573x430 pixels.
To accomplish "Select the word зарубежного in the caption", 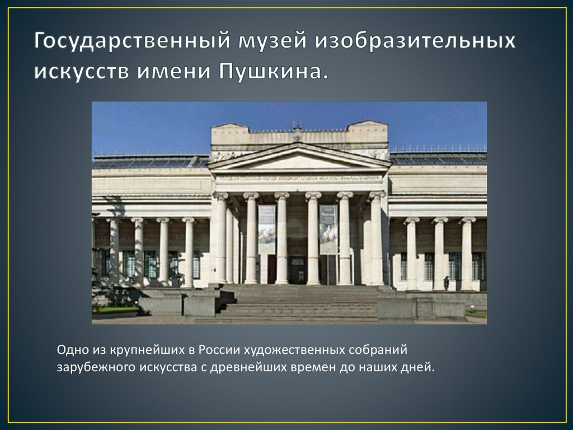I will [91, 367].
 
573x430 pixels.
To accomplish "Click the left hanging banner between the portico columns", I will [266, 229].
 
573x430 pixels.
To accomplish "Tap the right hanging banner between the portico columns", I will [328, 229].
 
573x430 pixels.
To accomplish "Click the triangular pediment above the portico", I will [299, 159].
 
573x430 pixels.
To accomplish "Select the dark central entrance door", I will [297, 270].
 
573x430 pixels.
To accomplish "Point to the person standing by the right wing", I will [446, 283].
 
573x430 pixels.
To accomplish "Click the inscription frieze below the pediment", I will [299, 179].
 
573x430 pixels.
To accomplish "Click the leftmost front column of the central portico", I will [220, 238].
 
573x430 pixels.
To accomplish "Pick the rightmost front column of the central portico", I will [377, 238].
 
